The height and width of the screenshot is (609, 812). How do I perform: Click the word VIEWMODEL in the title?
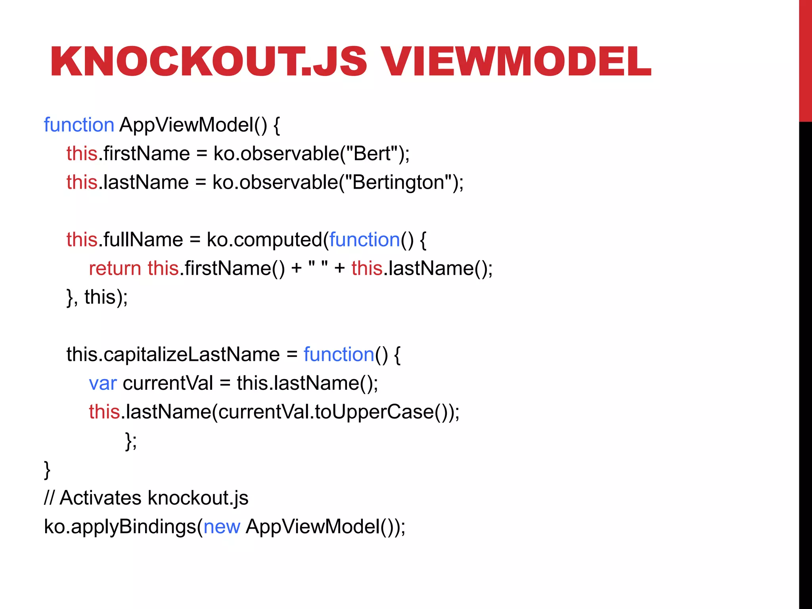coord(515,61)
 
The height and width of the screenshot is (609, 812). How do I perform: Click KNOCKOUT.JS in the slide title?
coord(209,61)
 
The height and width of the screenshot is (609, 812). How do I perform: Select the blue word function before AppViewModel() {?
coord(79,125)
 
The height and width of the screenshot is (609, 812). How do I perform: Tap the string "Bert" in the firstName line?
coord(372,153)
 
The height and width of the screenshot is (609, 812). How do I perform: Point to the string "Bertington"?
coord(398,182)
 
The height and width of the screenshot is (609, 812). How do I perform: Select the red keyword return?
coord(115,268)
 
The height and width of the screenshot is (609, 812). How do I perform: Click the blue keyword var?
coord(103,383)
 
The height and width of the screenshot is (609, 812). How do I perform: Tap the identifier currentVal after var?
coord(168,383)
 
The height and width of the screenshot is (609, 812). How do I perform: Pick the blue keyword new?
coord(222,527)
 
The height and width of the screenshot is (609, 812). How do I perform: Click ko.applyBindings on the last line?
coord(120,527)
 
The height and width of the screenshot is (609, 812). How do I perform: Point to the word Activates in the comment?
coord(100,498)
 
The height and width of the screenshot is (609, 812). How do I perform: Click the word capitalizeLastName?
coord(192,354)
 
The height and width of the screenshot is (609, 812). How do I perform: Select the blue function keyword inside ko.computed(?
coord(364,240)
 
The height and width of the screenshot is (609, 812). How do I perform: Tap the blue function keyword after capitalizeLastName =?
coord(339,354)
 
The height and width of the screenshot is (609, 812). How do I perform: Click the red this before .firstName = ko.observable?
coord(82,153)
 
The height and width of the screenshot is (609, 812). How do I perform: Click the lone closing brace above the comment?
coord(47,469)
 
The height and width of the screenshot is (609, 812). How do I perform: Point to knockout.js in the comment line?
coord(198,498)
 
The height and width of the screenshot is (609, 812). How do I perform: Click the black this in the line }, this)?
coord(100,297)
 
